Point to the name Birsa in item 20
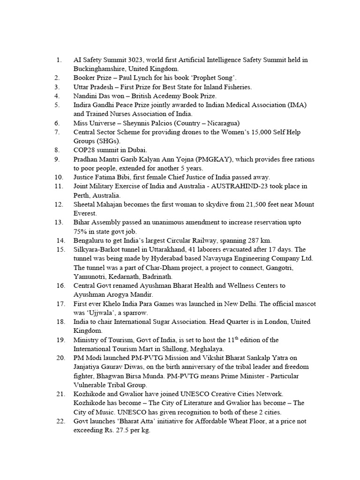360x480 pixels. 125,376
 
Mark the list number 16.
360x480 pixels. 60,285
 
